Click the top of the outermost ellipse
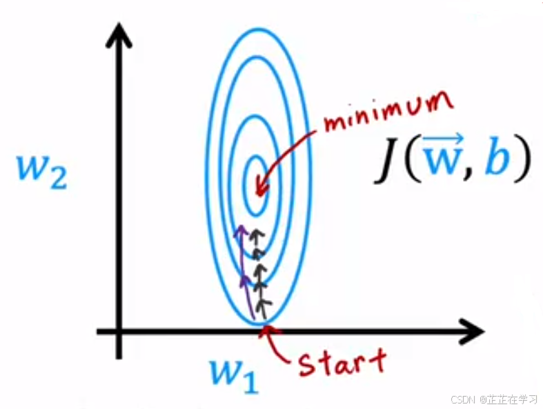pos(259,30)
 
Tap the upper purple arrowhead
pos(239,230)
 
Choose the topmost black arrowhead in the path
pos(258,235)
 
